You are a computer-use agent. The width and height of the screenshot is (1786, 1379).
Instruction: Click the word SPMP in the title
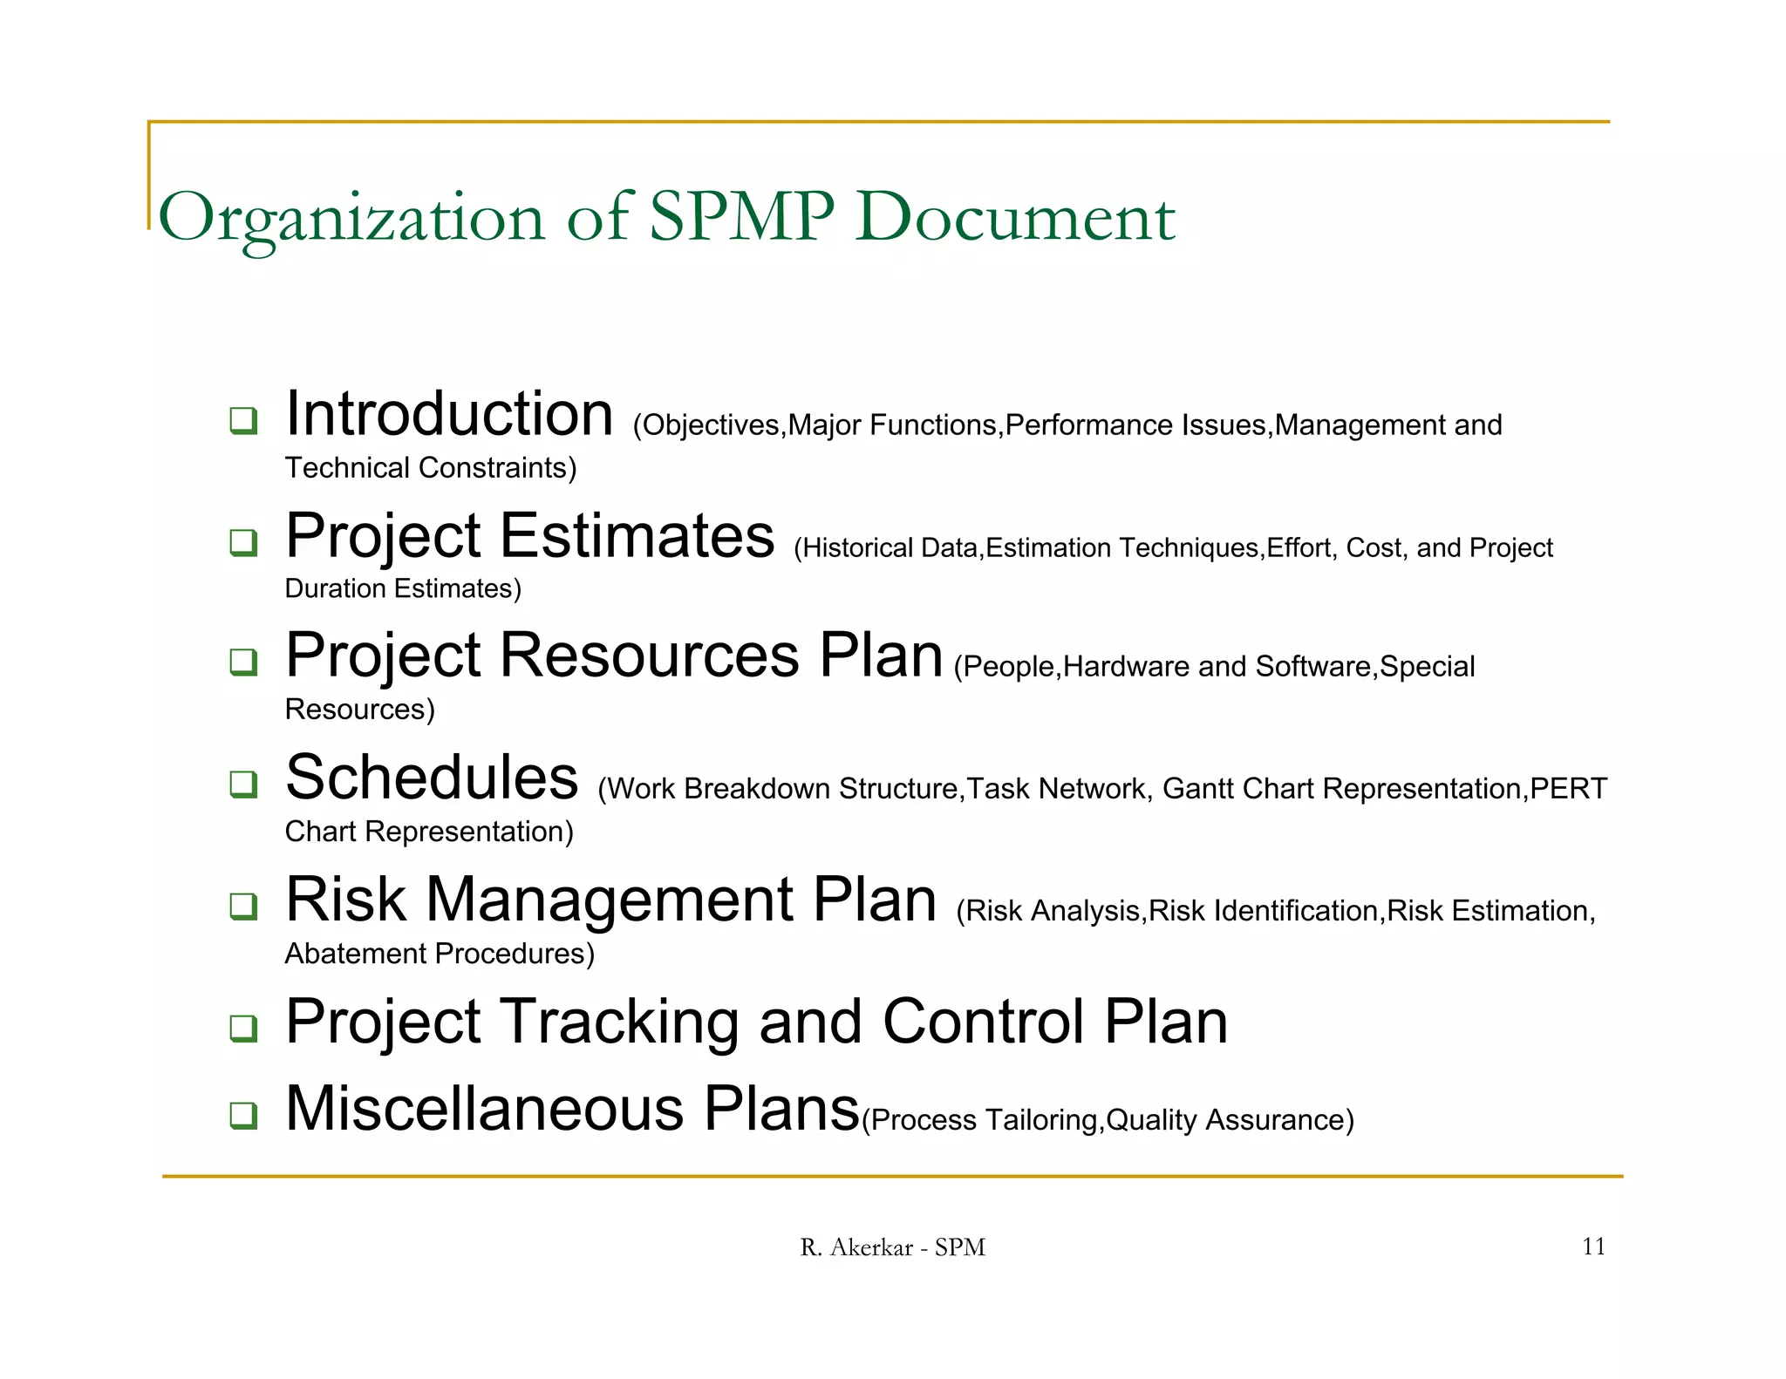[x=741, y=216]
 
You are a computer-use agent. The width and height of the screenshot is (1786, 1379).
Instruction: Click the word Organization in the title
[x=351, y=218]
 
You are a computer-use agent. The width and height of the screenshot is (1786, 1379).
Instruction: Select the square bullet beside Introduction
[x=243, y=420]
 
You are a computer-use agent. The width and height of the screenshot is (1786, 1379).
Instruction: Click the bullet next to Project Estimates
[x=243, y=542]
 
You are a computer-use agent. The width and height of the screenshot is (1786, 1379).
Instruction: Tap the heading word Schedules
[x=432, y=778]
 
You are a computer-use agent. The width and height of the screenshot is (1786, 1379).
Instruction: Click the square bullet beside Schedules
[x=243, y=784]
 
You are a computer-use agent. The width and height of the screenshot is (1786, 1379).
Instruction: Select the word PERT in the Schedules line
[x=1568, y=789]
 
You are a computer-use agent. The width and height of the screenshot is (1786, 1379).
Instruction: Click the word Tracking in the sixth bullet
[x=620, y=1022]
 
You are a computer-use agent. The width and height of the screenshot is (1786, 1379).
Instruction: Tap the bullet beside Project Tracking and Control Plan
[x=243, y=1028]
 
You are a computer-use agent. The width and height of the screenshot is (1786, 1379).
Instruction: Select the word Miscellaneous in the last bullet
[x=484, y=1109]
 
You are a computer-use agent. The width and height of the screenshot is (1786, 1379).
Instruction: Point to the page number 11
[x=1593, y=1247]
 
